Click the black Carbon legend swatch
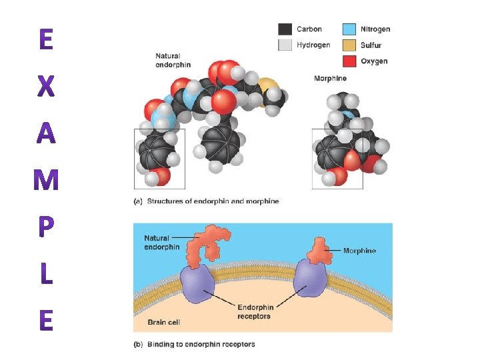[285, 29]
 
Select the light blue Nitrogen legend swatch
[349, 29]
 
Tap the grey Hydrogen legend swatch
[285, 45]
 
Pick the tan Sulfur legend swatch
[349, 45]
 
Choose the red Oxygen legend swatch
[349, 61]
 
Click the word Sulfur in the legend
[371, 45]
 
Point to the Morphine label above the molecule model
[330, 79]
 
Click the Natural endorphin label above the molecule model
[173, 61]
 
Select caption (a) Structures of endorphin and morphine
[207, 201]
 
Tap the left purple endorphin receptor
[195, 283]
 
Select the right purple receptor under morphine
[310, 281]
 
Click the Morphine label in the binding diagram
[359, 251]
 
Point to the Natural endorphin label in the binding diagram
[161, 242]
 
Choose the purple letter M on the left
[45, 181]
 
